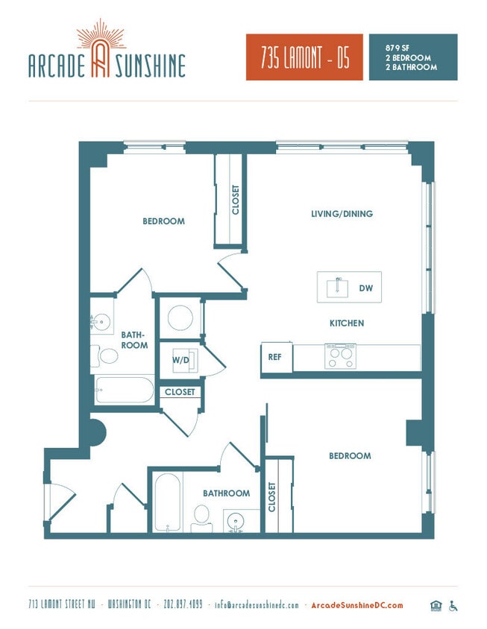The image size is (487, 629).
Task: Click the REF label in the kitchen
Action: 274,357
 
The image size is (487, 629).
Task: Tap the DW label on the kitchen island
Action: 365,288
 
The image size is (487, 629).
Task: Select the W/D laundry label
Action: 181,361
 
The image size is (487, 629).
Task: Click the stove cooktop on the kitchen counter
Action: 340,355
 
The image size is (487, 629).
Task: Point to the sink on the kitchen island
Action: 338,286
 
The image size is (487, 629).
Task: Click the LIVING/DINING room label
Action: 342,214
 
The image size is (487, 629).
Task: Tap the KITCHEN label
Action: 347,323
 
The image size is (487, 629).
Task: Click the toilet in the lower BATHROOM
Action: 201,516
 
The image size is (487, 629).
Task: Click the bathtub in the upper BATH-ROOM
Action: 124,389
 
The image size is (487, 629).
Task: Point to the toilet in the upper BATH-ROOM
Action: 107,355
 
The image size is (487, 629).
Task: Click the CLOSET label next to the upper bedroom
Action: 236,200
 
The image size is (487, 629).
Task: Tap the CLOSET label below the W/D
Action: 180,392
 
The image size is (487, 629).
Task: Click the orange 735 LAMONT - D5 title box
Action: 304,57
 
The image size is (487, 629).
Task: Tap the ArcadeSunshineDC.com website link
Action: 356,605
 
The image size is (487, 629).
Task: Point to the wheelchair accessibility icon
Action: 453,605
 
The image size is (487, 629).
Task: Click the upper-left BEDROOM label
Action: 163,221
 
